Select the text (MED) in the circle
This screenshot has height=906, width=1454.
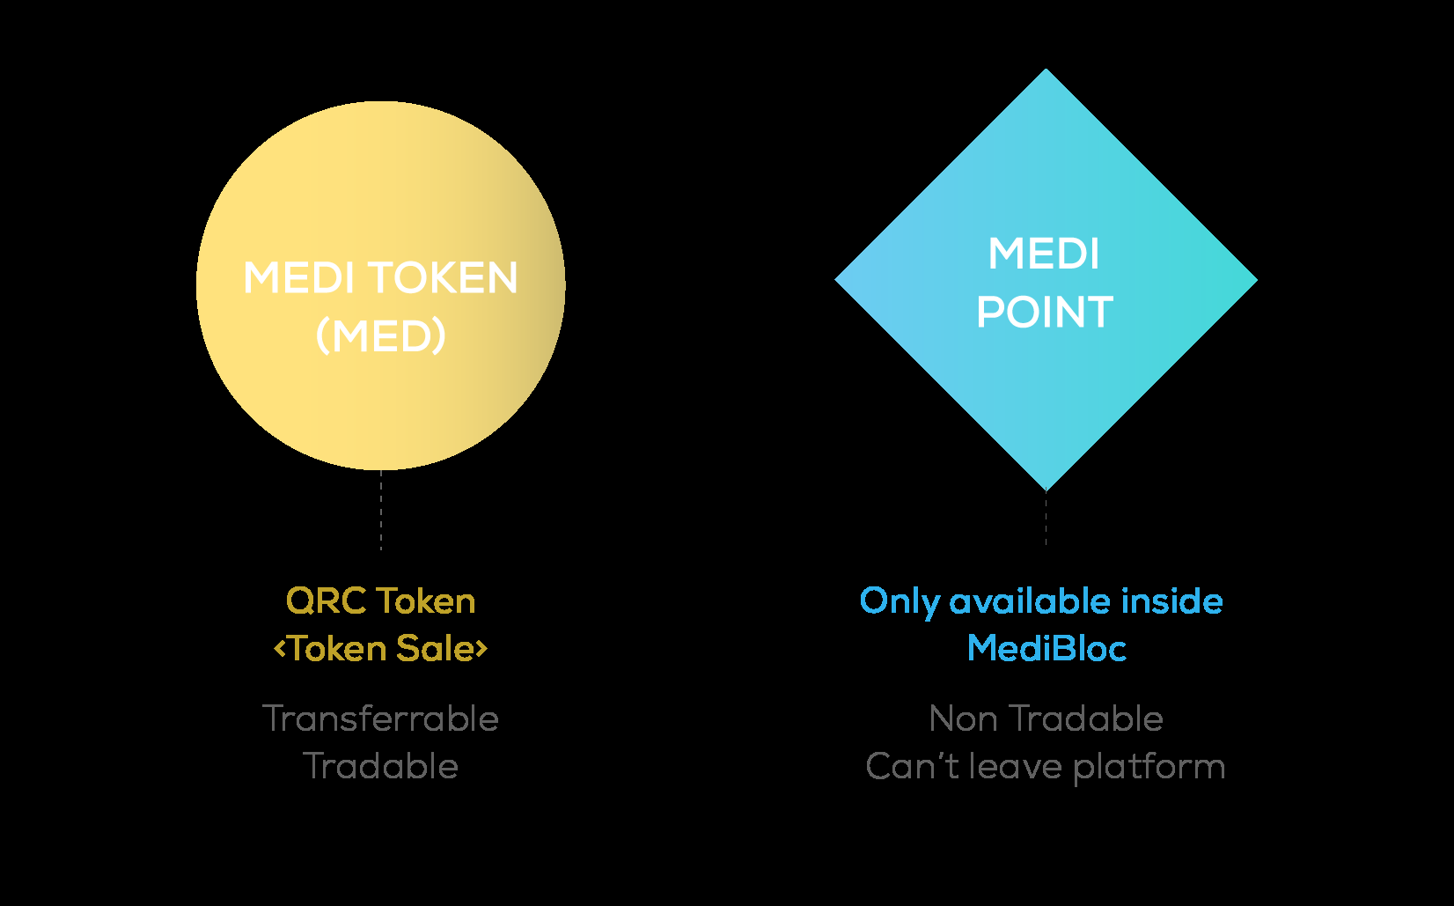pyautogui.click(x=381, y=335)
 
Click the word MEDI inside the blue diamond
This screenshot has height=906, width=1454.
pyautogui.click(x=1044, y=254)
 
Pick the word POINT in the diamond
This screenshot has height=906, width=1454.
pyautogui.click(x=1045, y=313)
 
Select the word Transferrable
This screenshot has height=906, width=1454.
pyautogui.click(x=381, y=718)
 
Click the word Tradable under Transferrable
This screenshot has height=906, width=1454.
pyautogui.click(x=381, y=766)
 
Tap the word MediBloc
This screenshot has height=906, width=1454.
pyautogui.click(x=1046, y=649)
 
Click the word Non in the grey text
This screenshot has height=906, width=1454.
pyautogui.click(x=964, y=719)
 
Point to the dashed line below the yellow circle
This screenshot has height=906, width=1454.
pyautogui.click(x=381, y=511)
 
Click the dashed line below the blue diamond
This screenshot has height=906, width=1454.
pyautogui.click(x=1046, y=519)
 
